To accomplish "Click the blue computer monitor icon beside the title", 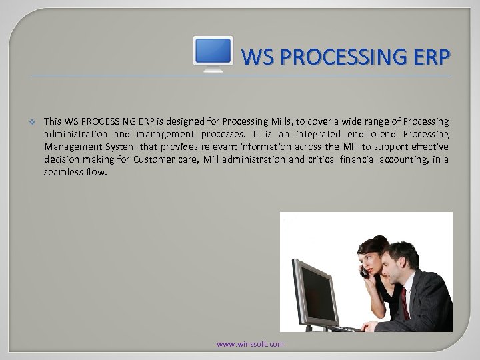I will pyautogui.click(x=213, y=53).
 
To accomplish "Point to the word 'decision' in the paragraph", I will pyautogui.click(x=61, y=159).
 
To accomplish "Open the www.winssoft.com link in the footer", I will pyautogui.click(x=250, y=344).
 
